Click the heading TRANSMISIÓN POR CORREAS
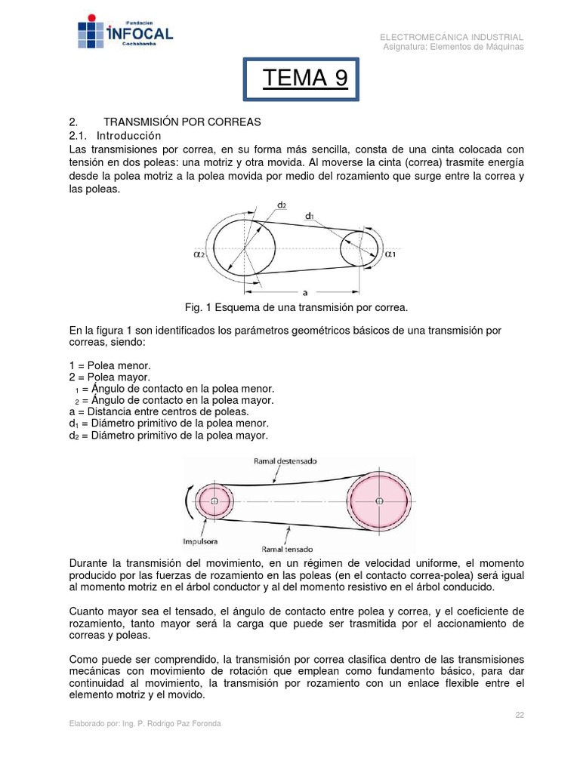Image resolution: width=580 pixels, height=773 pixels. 181,122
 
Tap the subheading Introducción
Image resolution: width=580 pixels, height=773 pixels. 129,135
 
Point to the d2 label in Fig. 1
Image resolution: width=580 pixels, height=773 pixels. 282,205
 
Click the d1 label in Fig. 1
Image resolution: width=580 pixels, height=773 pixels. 310,217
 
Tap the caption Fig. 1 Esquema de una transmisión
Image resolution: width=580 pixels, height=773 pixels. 296,307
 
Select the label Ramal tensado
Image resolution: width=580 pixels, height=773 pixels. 287,549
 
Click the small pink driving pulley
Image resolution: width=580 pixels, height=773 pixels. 214,501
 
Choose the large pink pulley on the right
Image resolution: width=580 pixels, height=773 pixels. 379,500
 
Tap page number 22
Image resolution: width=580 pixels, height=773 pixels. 520,714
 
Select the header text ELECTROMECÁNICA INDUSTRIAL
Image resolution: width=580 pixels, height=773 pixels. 451,37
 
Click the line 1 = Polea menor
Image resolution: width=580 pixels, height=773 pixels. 110,365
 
